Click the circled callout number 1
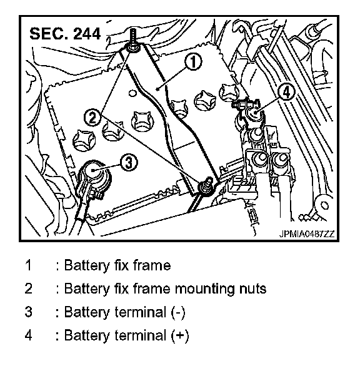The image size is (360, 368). pos(193,62)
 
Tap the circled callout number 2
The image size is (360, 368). pos(92,117)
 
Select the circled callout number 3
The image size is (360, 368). pos(129,163)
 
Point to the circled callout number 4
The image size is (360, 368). pos(286,92)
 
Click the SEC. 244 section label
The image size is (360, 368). pos(65,34)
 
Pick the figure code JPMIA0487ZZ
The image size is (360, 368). pos(306,234)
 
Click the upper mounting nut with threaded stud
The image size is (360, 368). pos(133,47)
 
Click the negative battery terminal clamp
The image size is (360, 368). pos(94,175)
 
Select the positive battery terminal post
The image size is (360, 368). pos(254,113)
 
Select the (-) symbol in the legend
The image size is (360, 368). pos(178,312)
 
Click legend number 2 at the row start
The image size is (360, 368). pos(28,289)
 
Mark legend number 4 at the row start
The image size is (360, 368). pos(28,335)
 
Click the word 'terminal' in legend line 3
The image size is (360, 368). pos(141,312)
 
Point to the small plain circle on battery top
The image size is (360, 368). pos(132,93)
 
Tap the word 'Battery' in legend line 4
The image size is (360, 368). pos(87,336)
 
